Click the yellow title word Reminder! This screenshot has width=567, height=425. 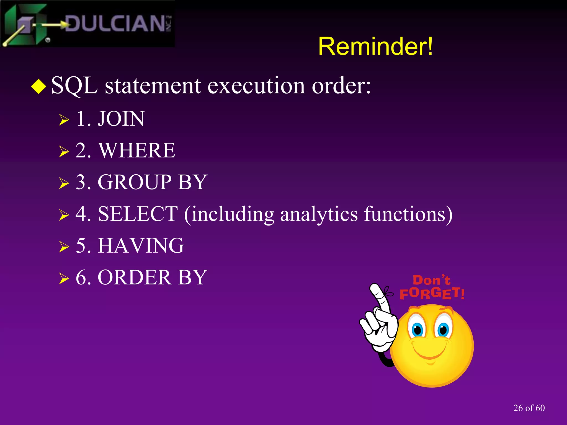pyautogui.click(x=375, y=46)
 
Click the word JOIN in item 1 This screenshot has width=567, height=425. pyautogui.click(x=121, y=119)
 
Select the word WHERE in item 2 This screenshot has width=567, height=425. pyautogui.click(x=137, y=151)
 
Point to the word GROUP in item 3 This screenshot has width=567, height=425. pyautogui.click(x=135, y=182)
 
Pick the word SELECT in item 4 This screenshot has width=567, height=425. pyautogui.click(x=138, y=214)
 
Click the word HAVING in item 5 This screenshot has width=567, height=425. pyautogui.click(x=141, y=246)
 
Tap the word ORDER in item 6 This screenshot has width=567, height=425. pyautogui.click(x=135, y=277)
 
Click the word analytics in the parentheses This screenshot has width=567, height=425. pyautogui.click(x=319, y=214)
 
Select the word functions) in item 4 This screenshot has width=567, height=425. pyautogui.click(x=408, y=214)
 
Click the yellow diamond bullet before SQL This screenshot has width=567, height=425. pyautogui.click(x=38, y=86)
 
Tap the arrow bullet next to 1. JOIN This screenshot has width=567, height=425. pyautogui.click(x=64, y=120)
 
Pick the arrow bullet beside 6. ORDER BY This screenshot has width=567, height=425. pyautogui.click(x=64, y=278)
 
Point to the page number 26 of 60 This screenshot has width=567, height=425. pyautogui.click(x=529, y=408)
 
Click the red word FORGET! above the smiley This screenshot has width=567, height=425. pyautogui.click(x=432, y=294)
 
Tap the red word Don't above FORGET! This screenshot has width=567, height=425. pyautogui.click(x=431, y=280)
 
